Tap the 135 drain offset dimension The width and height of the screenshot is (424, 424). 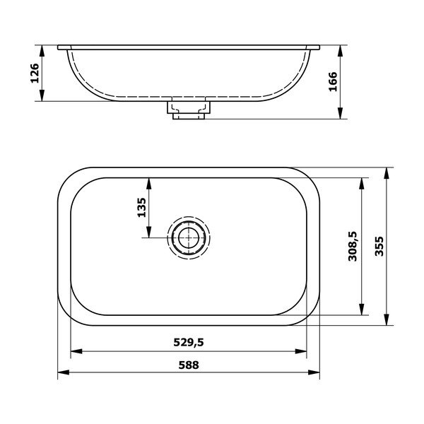[141, 207]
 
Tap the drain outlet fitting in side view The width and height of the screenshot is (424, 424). [189, 110]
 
